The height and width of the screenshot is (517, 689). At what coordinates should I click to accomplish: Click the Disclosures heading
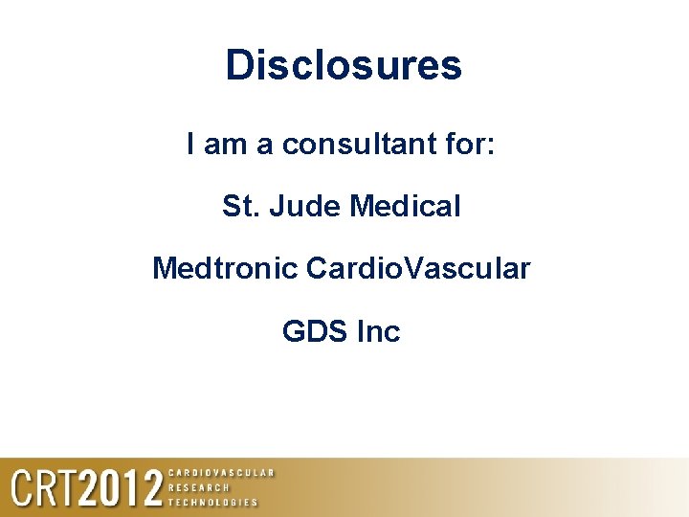344,65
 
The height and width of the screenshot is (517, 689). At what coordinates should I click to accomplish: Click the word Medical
406,206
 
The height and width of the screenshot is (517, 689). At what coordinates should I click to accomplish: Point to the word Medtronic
225,269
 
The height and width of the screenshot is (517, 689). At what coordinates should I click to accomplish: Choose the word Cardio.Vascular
418,269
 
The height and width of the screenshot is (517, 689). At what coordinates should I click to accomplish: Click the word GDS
314,332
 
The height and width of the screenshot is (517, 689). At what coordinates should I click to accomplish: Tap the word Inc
378,332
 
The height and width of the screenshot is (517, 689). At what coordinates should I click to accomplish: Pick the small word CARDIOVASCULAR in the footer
221,472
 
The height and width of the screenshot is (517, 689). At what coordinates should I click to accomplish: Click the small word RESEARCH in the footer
199,487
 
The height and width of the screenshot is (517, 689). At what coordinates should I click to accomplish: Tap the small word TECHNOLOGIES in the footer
212,503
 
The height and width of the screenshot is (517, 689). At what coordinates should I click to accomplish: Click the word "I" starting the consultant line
191,146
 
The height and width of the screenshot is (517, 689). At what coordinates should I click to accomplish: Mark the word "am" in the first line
225,146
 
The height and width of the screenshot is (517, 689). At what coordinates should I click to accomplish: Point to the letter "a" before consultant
264,146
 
